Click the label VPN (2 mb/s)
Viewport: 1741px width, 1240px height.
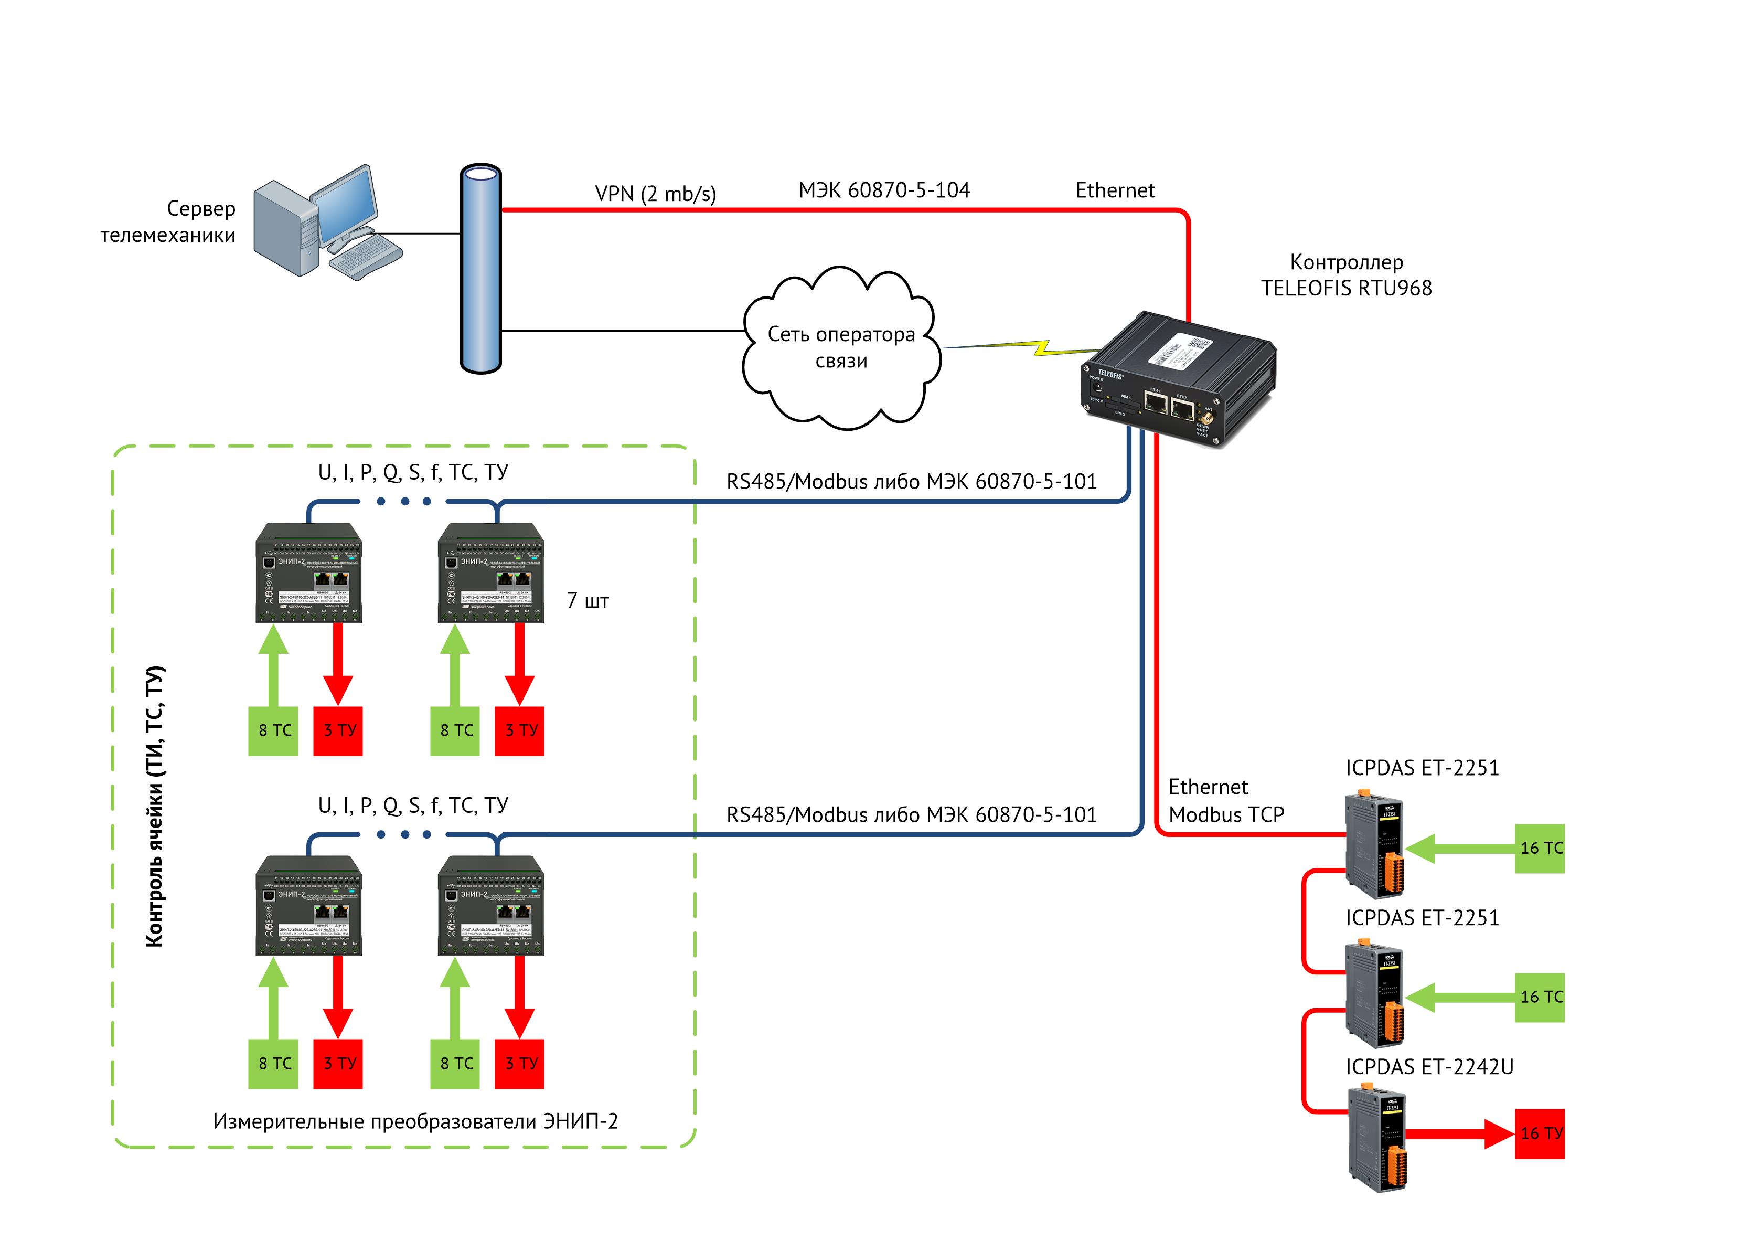pos(655,194)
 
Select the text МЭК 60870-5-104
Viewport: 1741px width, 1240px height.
pos(884,190)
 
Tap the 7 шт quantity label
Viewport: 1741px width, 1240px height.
pos(587,601)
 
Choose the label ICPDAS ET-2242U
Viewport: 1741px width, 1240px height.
pos(1429,1067)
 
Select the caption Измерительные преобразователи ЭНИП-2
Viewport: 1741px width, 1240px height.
pos(415,1121)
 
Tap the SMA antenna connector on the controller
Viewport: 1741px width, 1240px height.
pos(1208,418)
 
